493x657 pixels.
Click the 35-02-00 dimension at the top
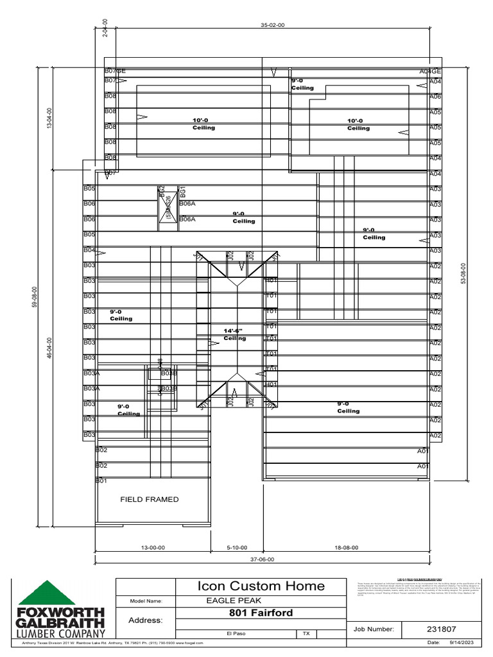click(x=272, y=25)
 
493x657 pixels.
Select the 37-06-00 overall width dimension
click(x=262, y=559)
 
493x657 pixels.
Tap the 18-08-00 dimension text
click(x=347, y=548)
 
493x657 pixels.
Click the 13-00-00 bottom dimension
click(x=153, y=548)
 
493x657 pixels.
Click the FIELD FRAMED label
click(x=150, y=499)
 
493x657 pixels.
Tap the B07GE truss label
click(x=115, y=71)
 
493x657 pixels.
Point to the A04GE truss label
click(x=430, y=71)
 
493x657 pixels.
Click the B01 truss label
click(x=101, y=481)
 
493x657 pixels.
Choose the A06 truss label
click(x=435, y=96)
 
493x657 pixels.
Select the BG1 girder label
click(x=183, y=191)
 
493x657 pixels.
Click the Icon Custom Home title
click(x=261, y=586)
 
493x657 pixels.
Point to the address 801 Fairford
click(x=261, y=613)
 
